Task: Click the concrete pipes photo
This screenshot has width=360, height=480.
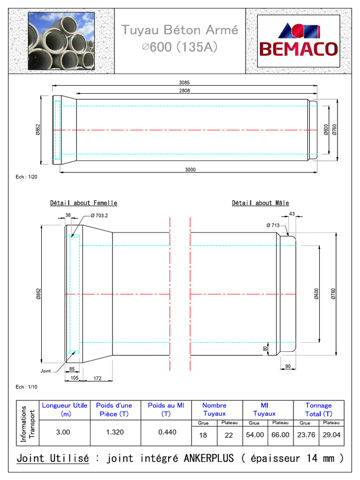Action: tap(61, 41)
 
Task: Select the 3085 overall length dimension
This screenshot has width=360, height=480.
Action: tap(184, 82)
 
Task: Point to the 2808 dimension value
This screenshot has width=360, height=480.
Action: tap(184, 91)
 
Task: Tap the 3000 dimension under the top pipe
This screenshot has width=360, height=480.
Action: tap(190, 170)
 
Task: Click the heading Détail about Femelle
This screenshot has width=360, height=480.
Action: tap(83, 203)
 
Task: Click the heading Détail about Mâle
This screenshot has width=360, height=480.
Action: tap(260, 203)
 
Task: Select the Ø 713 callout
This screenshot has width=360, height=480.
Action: tap(273, 225)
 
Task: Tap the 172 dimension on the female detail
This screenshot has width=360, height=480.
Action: tap(97, 378)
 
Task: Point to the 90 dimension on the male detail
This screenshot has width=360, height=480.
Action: tap(288, 366)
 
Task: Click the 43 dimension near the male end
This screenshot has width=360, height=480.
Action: tap(292, 214)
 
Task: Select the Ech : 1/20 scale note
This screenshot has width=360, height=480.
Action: tap(26, 177)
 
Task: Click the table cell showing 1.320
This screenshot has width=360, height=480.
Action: tap(115, 432)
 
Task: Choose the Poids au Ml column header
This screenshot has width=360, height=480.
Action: tap(166, 409)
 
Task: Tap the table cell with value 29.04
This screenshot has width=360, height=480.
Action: tap(331, 435)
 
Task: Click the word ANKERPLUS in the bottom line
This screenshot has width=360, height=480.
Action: tap(210, 458)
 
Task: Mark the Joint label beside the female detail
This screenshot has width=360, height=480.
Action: tap(45, 370)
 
